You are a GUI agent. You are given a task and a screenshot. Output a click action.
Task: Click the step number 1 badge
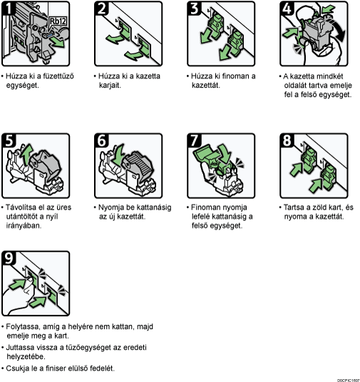pyautogui.click(x=9, y=8)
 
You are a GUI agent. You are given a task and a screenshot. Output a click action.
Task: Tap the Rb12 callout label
pyautogui.click(x=58, y=21)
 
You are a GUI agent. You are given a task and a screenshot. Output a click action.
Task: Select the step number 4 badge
pyautogui.click(x=287, y=8)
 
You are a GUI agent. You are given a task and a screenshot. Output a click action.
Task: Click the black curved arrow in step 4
pyautogui.click(x=339, y=29)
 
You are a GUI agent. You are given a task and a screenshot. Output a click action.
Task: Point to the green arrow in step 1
pyautogui.click(x=58, y=42)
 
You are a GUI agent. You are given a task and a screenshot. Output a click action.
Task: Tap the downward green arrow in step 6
pyautogui.click(x=119, y=155)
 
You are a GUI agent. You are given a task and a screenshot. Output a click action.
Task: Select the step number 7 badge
pyautogui.click(x=195, y=140)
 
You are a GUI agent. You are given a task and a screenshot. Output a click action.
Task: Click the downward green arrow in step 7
pyautogui.click(x=225, y=153)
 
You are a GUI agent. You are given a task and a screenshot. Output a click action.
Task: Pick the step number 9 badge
pyautogui.click(x=9, y=258)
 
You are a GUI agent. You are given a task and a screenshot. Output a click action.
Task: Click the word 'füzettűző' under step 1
pyautogui.click(x=58, y=76)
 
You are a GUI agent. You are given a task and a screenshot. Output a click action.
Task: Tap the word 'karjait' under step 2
pyautogui.click(x=110, y=86)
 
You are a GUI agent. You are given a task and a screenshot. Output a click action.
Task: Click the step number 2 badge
pyautogui.click(x=102, y=8)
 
